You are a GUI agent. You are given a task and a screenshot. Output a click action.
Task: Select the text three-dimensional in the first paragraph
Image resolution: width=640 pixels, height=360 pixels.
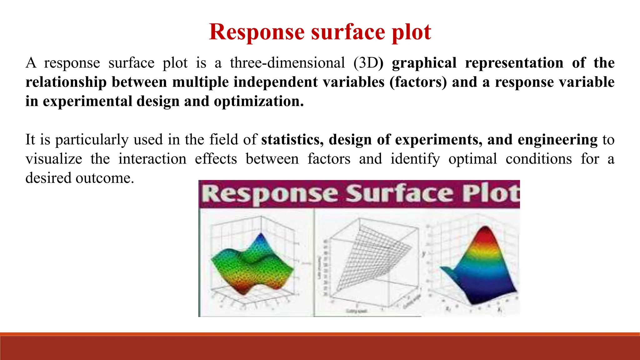point(287,63)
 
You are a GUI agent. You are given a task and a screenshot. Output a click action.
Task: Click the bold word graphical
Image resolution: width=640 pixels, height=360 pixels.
point(424,63)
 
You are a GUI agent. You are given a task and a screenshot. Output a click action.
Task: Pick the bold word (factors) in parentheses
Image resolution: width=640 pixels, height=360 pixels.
point(418,82)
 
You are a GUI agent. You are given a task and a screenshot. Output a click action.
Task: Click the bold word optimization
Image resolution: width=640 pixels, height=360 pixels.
point(258,101)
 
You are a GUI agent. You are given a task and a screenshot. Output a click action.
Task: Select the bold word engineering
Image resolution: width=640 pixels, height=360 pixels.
point(557,140)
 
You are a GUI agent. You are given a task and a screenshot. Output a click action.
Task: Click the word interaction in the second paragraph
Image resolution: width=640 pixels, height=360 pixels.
point(152,159)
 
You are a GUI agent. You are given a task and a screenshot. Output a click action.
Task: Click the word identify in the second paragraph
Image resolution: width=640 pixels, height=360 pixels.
point(415,159)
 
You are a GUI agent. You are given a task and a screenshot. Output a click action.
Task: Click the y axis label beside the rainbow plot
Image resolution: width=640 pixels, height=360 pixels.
point(424,254)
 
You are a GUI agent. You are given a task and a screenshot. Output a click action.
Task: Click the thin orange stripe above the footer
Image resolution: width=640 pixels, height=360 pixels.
point(320,334)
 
